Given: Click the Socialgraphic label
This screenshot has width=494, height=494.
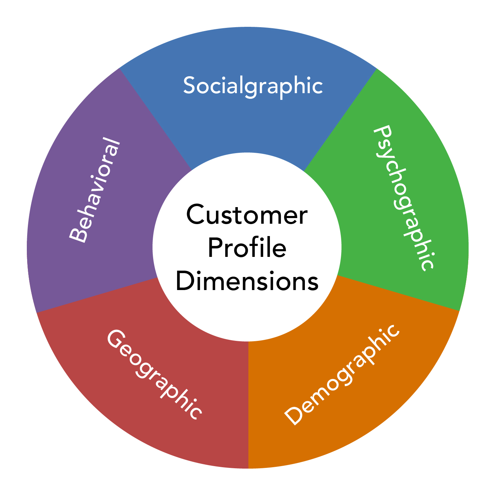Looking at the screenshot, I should [253, 85].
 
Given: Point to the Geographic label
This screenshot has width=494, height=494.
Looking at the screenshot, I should [155, 375].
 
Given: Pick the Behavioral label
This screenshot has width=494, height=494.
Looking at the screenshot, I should [94, 191].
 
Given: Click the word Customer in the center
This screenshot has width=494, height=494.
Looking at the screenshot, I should [247, 215].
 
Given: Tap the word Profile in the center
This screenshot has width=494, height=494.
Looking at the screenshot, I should [247, 248].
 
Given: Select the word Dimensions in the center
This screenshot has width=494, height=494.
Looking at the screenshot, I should [247, 281].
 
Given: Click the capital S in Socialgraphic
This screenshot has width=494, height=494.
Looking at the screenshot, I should [189, 85].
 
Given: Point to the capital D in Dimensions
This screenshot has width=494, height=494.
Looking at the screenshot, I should [184, 281].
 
